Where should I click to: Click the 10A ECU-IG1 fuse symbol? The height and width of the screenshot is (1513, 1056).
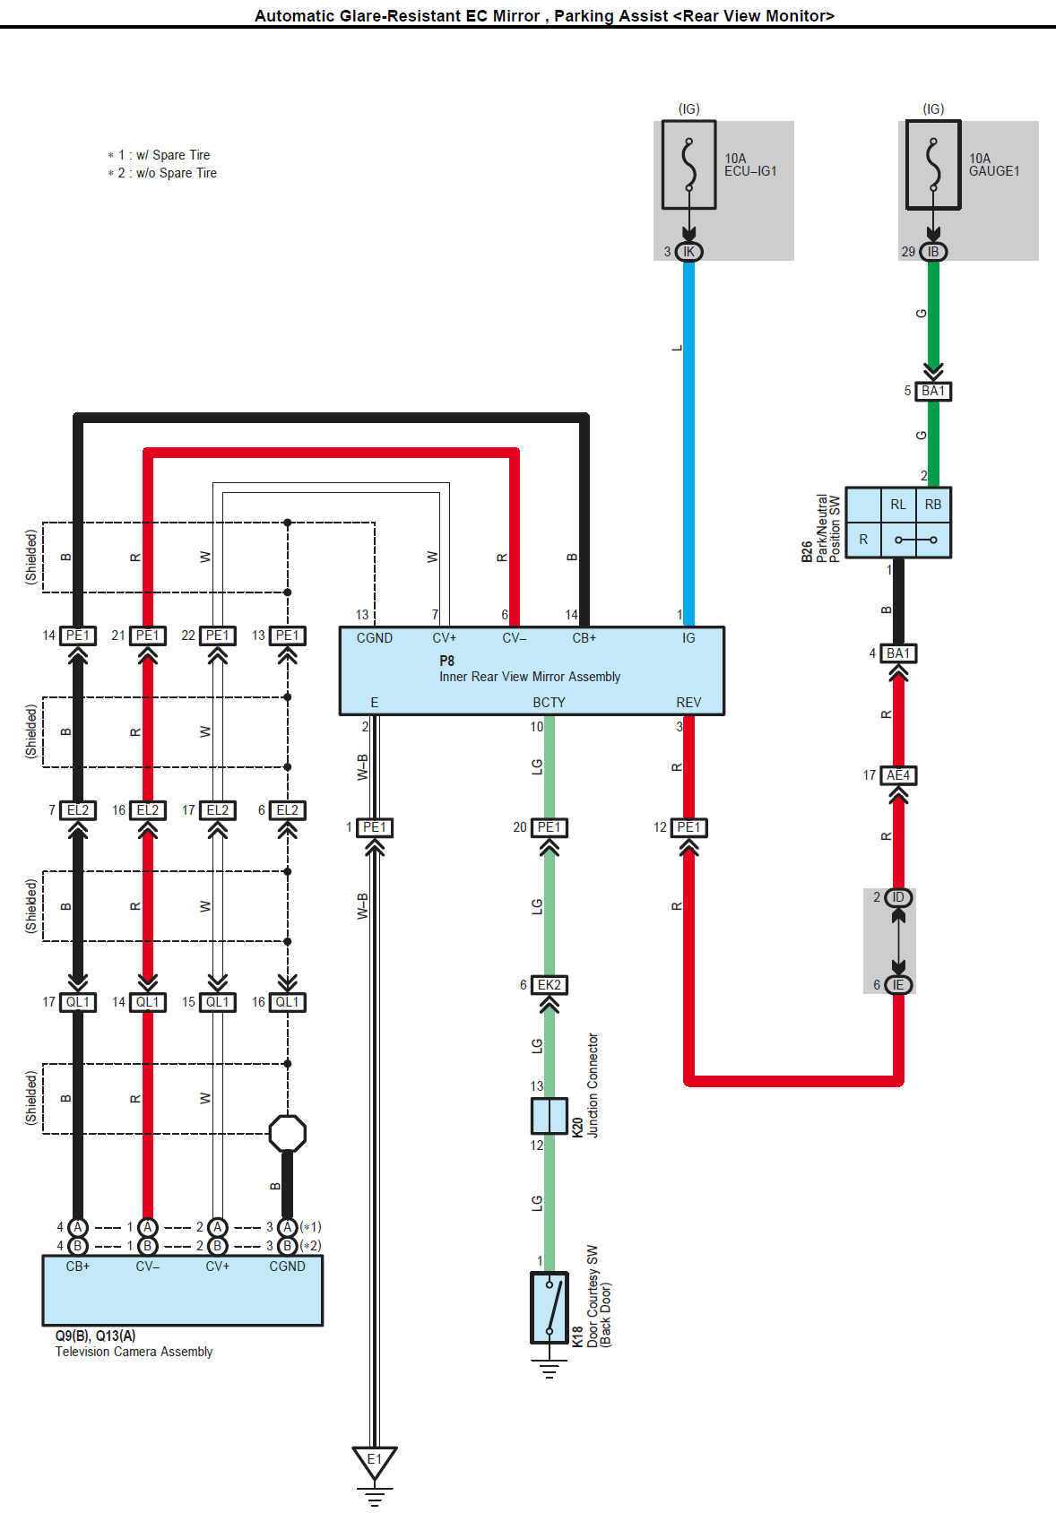(x=688, y=165)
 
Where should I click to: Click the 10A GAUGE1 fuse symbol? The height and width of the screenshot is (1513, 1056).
(x=933, y=165)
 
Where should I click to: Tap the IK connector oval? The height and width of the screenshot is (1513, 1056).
(x=688, y=252)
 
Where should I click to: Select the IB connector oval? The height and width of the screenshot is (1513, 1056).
(x=933, y=252)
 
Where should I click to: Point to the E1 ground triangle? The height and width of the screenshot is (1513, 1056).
(x=375, y=1460)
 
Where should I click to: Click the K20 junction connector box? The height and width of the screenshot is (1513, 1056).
(x=550, y=1116)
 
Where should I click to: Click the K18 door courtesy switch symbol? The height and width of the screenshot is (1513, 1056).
(x=550, y=1308)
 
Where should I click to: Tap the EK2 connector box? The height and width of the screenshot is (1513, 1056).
(x=550, y=985)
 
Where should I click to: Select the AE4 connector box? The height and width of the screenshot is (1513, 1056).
(x=898, y=775)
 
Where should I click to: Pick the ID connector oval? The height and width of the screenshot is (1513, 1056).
(x=898, y=897)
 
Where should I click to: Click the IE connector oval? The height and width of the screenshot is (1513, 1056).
(x=898, y=985)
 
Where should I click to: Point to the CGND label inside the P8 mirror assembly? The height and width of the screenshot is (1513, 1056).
(x=375, y=638)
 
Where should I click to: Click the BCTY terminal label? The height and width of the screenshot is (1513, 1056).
(x=549, y=703)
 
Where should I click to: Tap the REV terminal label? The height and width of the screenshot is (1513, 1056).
(x=688, y=703)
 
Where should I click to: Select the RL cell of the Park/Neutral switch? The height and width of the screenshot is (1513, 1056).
(x=898, y=505)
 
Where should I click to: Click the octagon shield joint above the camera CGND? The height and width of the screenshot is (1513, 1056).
(x=287, y=1133)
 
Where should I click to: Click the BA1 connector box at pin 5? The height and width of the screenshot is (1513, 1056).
(x=933, y=391)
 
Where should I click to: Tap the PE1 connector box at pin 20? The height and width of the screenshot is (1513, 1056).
(x=550, y=827)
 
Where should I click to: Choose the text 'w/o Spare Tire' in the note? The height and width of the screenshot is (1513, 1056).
(x=177, y=173)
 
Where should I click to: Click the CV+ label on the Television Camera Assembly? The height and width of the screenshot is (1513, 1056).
(x=218, y=1267)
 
